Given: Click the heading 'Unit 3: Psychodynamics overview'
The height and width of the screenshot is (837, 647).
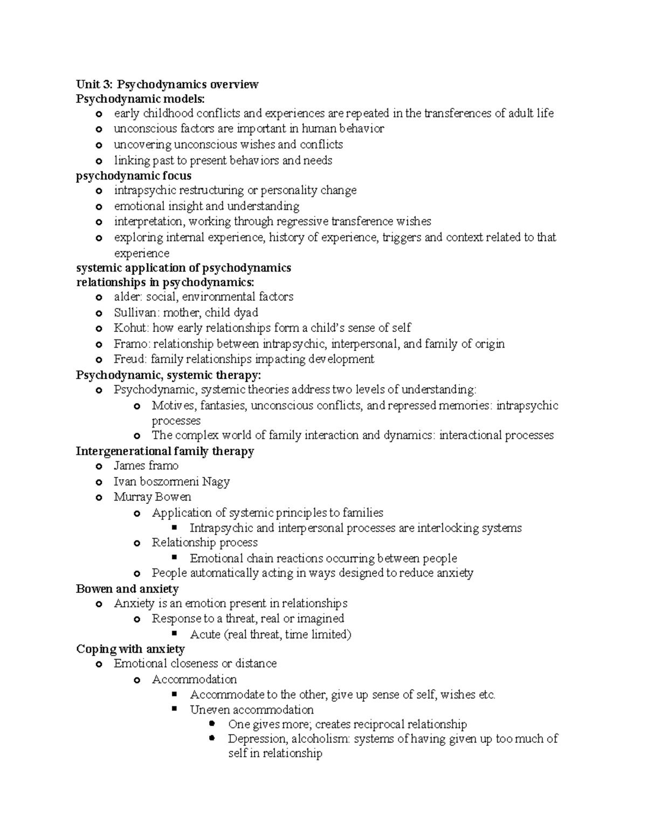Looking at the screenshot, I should tap(167, 84).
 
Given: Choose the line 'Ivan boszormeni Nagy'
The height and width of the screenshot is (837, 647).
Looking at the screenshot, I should tap(171, 481).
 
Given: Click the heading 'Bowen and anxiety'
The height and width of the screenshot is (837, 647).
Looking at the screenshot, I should tap(127, 589).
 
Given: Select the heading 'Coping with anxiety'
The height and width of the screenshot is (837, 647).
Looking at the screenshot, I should tap(130, 649).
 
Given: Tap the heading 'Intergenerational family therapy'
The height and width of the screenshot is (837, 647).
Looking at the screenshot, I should tap(165, 451).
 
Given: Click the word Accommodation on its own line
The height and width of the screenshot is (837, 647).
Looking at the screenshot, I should tap(194, 679).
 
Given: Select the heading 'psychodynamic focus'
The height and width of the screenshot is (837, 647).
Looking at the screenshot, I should tap(134, 176).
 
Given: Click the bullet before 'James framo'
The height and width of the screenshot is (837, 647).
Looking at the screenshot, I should tap(98, 467).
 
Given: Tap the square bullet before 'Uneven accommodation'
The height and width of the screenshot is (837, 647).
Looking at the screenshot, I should tap(174, 709).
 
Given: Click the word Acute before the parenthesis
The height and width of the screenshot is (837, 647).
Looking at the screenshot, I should tap(205, 634).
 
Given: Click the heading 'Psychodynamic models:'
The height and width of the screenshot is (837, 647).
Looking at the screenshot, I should tap(140, 99).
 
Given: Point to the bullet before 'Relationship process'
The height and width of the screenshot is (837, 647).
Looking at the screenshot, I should tap(136, 543).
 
